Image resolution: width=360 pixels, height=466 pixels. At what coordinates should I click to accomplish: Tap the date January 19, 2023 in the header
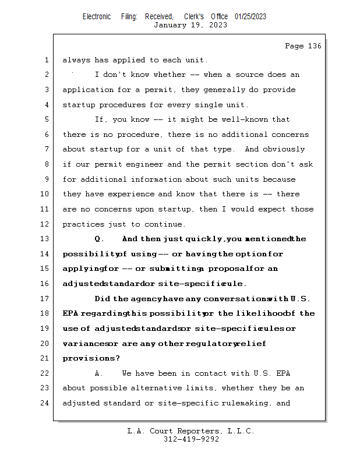[x=190, y=25]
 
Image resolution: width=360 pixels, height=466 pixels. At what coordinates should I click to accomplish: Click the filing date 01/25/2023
[x=250, y=16]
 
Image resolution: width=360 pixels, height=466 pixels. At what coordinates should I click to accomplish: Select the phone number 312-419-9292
[x=191, y=439]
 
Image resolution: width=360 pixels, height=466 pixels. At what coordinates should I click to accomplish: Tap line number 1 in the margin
[x=47, y=60]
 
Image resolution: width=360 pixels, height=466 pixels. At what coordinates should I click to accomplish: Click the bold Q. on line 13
[x=99, y=239]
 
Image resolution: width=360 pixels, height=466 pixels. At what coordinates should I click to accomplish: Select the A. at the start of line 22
[x=99, y=373]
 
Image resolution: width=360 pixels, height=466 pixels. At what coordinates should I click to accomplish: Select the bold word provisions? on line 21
[x=91, y=358]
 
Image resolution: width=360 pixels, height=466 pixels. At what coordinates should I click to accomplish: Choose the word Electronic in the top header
[x=97, y=16]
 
